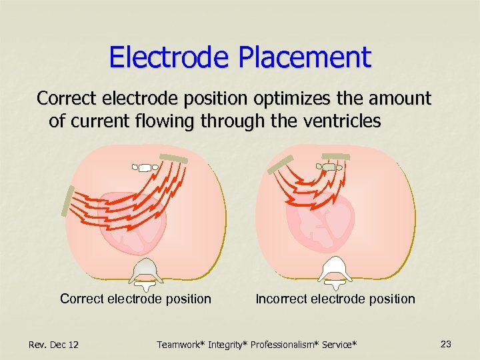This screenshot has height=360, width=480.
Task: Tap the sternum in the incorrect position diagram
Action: (x=329, y=167)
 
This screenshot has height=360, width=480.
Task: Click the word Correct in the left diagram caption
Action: (x=81, y=299)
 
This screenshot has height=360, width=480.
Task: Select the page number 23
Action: (x=446, y=344)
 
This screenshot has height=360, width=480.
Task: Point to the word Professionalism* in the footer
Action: (x=286, y=345)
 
